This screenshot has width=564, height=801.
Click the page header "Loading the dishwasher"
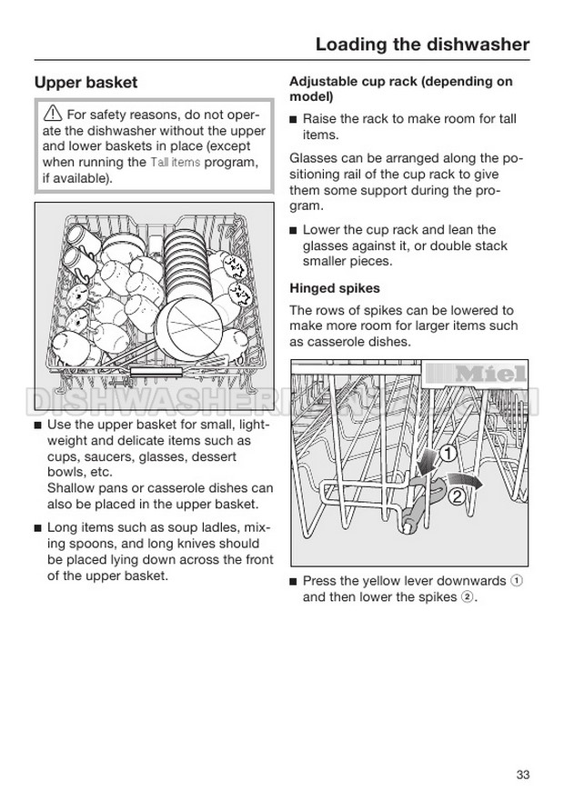422,44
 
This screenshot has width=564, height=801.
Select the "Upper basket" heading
86,83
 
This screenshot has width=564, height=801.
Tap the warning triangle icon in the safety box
53,115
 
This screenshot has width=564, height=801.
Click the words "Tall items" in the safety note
175,162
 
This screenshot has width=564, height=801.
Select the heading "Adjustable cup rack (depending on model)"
400,88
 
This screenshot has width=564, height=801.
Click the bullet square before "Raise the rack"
294,119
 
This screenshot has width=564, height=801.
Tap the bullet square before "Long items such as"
37,527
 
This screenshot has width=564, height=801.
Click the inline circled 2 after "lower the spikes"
467,597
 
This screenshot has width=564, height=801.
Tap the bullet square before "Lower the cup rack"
294,230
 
